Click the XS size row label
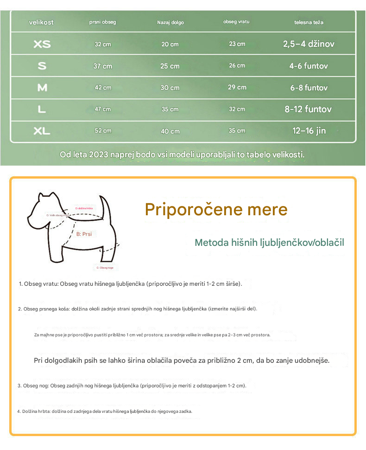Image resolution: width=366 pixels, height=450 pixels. (x=42, y=44)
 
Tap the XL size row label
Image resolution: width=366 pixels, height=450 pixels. (x=42, y=131)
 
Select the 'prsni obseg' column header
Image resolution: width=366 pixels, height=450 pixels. (x=103, y=22)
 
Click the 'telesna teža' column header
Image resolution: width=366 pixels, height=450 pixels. (x=309, y=22)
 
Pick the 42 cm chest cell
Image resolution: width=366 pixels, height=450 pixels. (x=103, y=88)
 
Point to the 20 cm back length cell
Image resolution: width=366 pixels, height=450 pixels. (x=170, y=44)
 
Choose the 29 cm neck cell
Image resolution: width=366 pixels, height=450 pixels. (x=237, y=87)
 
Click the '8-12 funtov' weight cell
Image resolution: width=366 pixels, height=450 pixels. (x=308, y=109)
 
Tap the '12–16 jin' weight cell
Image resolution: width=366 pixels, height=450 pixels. (x=309, y=131)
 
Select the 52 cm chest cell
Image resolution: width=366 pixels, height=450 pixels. (x=103, y=131)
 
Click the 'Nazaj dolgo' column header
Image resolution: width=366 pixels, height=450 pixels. (x=170, y=22)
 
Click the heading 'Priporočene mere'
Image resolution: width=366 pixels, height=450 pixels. (x=216, y=210)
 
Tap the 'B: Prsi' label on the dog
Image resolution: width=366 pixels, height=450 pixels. (x=84, y=234)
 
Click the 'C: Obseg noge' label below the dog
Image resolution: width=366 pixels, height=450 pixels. (x=105, y=268)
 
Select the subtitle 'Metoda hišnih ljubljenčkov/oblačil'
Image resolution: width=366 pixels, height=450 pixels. (x=269, y=243)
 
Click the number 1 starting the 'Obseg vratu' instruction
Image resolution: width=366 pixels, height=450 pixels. (x=20, y=283)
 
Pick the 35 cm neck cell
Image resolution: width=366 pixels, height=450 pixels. (x=237, y=131)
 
